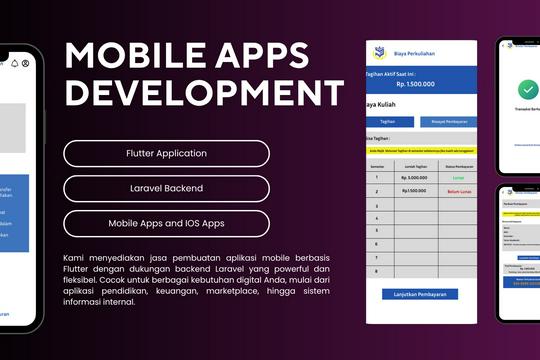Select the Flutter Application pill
click(x=166, y=154)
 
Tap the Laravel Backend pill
click(x=166, y=188)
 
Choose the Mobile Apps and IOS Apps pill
click(x=166, y=223)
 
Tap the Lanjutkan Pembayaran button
click(x=420, y=294)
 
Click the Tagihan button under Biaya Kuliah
click(x=388, y=121)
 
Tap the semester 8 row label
click(x=376, y=270)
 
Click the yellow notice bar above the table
click(x=420, y=150)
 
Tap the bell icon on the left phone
click(x=15, y=63)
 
